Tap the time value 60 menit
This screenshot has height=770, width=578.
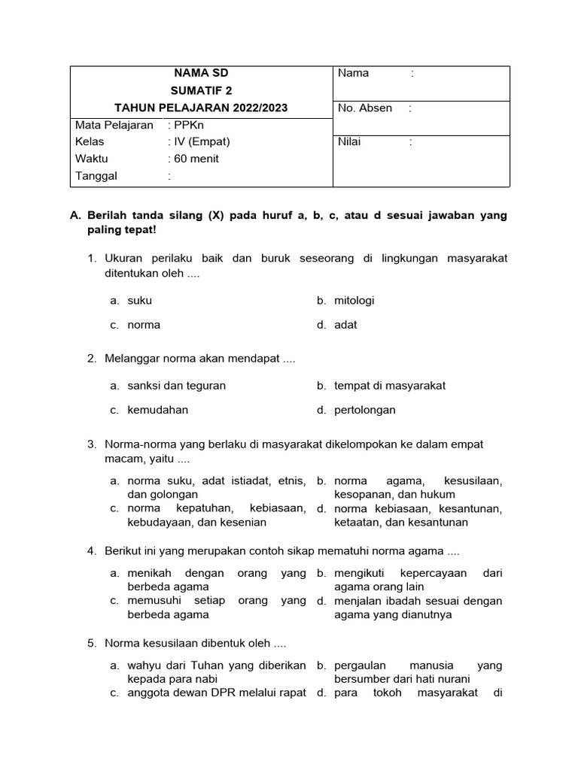click(x=196, y=159)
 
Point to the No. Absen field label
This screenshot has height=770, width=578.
click(x=365, y=108)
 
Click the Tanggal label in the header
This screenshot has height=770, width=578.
click(x=96, y=176)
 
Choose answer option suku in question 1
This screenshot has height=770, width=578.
click(x=139, y=300)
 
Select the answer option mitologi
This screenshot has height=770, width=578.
click(x=354, y=300)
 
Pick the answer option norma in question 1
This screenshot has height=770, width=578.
click(x=144, y=325)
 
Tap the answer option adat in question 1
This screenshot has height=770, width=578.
click(x=345, y=325)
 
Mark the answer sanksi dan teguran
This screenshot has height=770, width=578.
click(x=176, y=385)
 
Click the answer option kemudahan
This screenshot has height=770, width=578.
click(x=157, y=410)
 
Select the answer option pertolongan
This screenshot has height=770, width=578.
click(x=365, y=410)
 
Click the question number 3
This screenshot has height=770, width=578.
click(x=92, y=444)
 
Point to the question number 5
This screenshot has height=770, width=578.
click(x=92, y=644)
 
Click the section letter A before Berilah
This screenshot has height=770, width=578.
click(x=75, y=215)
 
